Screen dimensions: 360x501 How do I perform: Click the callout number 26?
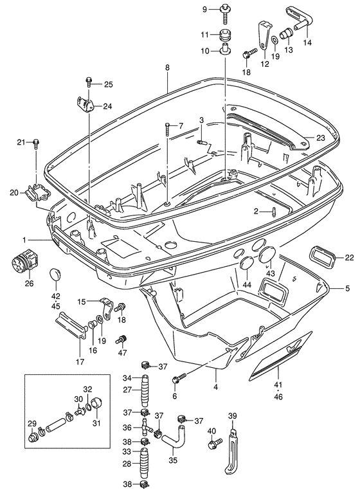tap(29, 283)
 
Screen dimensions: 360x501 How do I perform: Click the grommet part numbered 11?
tap(226, 35)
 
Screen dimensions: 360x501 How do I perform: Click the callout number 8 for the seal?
tap(167, 68)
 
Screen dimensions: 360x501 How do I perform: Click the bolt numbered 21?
tap(36, 144)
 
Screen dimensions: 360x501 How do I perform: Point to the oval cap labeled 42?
tap(55, 275)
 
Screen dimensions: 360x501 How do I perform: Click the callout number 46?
tap(278, 397)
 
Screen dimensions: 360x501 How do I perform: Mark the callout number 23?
tap(321, 138)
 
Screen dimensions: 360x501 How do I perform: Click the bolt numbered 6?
tap(179, 378)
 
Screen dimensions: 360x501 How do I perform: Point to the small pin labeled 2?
tap(274, 212)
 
